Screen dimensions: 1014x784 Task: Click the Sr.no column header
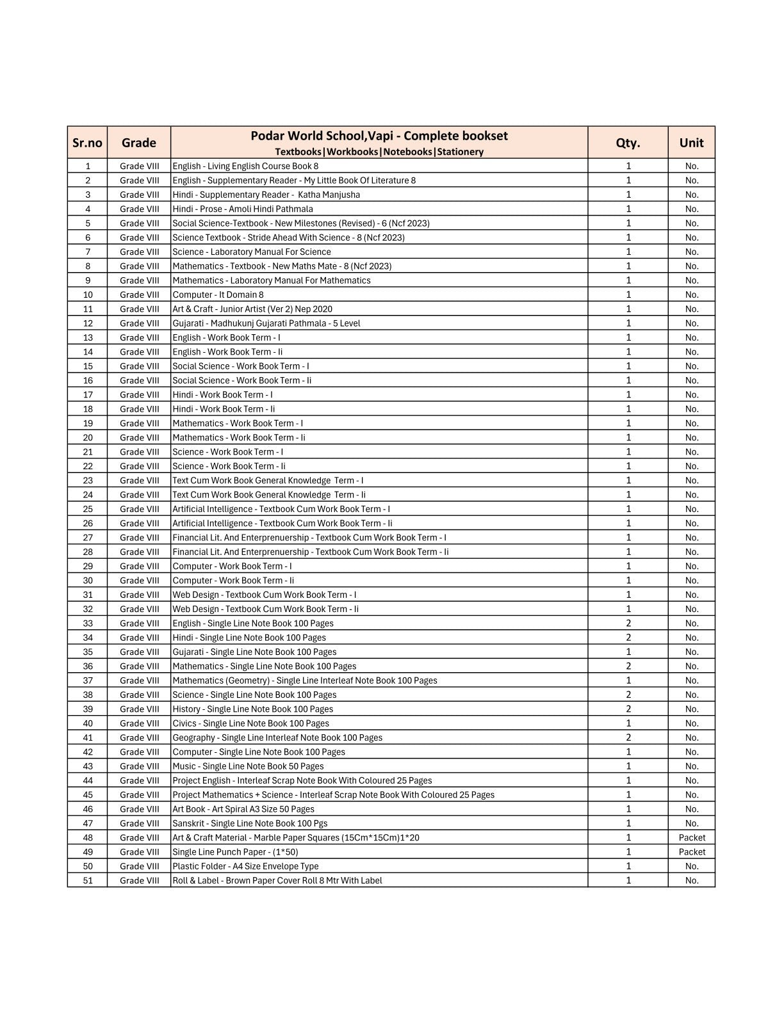coord(87,143)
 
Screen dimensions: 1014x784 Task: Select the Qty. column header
coord(628,143)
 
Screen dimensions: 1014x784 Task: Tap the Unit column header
coord(691,143)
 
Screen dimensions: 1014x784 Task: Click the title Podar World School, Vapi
coord(379,136)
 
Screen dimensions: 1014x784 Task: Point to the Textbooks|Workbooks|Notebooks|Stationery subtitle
coord(379,152)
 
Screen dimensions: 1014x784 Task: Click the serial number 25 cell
coord(88,509)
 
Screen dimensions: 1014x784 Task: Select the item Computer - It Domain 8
coord(218,294)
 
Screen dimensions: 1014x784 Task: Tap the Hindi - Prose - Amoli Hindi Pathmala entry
coord(243,209)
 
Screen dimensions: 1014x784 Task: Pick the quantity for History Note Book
coord(628,709)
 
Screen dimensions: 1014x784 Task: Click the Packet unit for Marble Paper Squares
coord(692,837)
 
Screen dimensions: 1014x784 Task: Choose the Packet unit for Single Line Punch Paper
coord(692,851)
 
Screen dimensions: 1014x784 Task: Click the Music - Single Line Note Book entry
coord(248,766)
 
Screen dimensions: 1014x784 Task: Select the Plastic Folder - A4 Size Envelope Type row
coord(245,866)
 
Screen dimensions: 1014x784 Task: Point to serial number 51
coord(88,880)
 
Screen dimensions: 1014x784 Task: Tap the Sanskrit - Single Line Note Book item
coord(250,823)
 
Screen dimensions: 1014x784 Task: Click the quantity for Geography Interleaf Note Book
coord(628,737)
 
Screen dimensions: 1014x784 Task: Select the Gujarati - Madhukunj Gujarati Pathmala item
coord(266,323)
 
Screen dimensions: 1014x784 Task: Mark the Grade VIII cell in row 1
coord(139,166)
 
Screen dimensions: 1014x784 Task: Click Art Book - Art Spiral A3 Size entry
coord(243,809)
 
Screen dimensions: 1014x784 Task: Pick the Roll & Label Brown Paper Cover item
coord(277,880)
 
